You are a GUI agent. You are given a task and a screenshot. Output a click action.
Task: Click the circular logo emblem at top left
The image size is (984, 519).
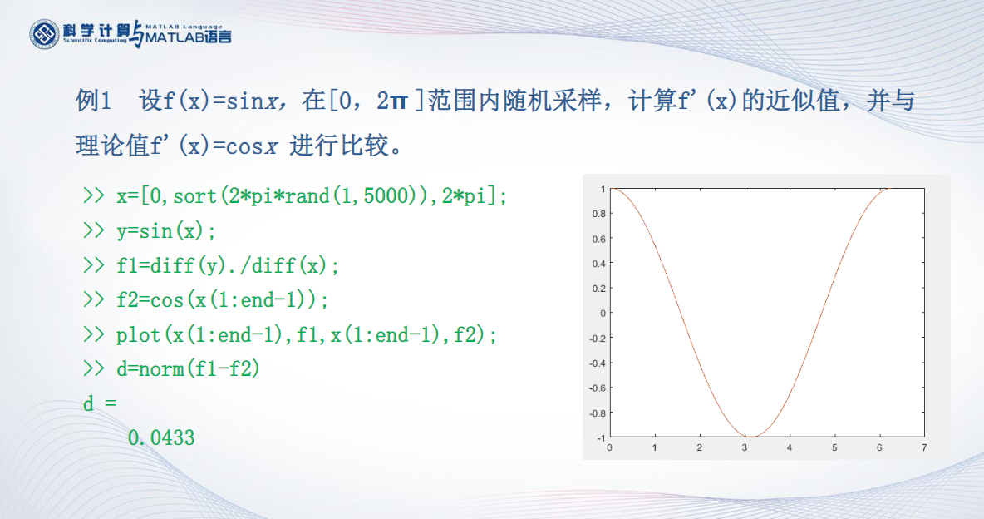pos(45,33)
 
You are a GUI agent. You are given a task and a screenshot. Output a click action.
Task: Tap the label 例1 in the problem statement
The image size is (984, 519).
pos(93,101)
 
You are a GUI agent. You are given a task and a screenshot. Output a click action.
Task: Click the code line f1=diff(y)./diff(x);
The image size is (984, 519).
pos(228,265)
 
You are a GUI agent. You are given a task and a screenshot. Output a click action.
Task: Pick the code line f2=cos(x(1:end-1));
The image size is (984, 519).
pos(222,300)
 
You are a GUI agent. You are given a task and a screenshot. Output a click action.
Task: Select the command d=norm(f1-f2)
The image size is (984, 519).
pos(188,369)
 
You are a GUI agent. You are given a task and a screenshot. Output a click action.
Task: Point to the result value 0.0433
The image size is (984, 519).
pos(161,437)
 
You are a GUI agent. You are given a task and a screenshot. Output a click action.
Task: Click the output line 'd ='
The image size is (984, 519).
pos(100,404)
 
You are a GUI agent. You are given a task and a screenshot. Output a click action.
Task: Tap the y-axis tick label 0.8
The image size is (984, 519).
pos(598,214)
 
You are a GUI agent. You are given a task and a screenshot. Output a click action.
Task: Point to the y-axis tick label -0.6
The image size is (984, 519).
pos(596,388)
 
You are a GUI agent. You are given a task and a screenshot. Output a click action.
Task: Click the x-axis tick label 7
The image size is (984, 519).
pos(924,448)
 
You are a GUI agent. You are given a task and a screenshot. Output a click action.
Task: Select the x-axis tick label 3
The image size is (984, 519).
pos(745,448)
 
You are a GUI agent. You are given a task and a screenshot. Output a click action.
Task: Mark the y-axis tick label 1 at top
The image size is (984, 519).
pos(602,189)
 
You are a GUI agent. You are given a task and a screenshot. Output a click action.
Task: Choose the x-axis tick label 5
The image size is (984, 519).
pos(834,448)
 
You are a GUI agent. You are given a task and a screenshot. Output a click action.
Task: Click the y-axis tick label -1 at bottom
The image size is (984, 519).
pos(599,437)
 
